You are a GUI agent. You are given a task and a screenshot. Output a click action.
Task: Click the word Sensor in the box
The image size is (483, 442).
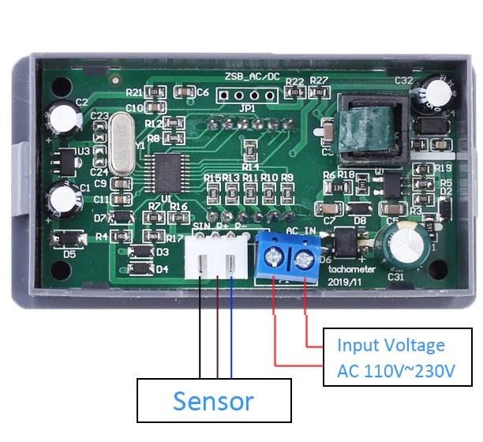click(213, 400)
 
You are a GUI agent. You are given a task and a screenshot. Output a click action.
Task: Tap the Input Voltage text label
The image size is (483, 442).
click(391, 345)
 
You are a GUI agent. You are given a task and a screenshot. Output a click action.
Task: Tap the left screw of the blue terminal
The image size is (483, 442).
click(275, 255)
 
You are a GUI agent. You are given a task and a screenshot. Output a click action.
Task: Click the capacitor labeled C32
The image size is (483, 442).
click(436, 92)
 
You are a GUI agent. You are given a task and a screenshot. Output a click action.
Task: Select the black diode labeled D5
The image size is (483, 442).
click(68, 240)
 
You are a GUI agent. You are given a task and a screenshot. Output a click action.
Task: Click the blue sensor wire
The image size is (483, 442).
click(231, 331)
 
